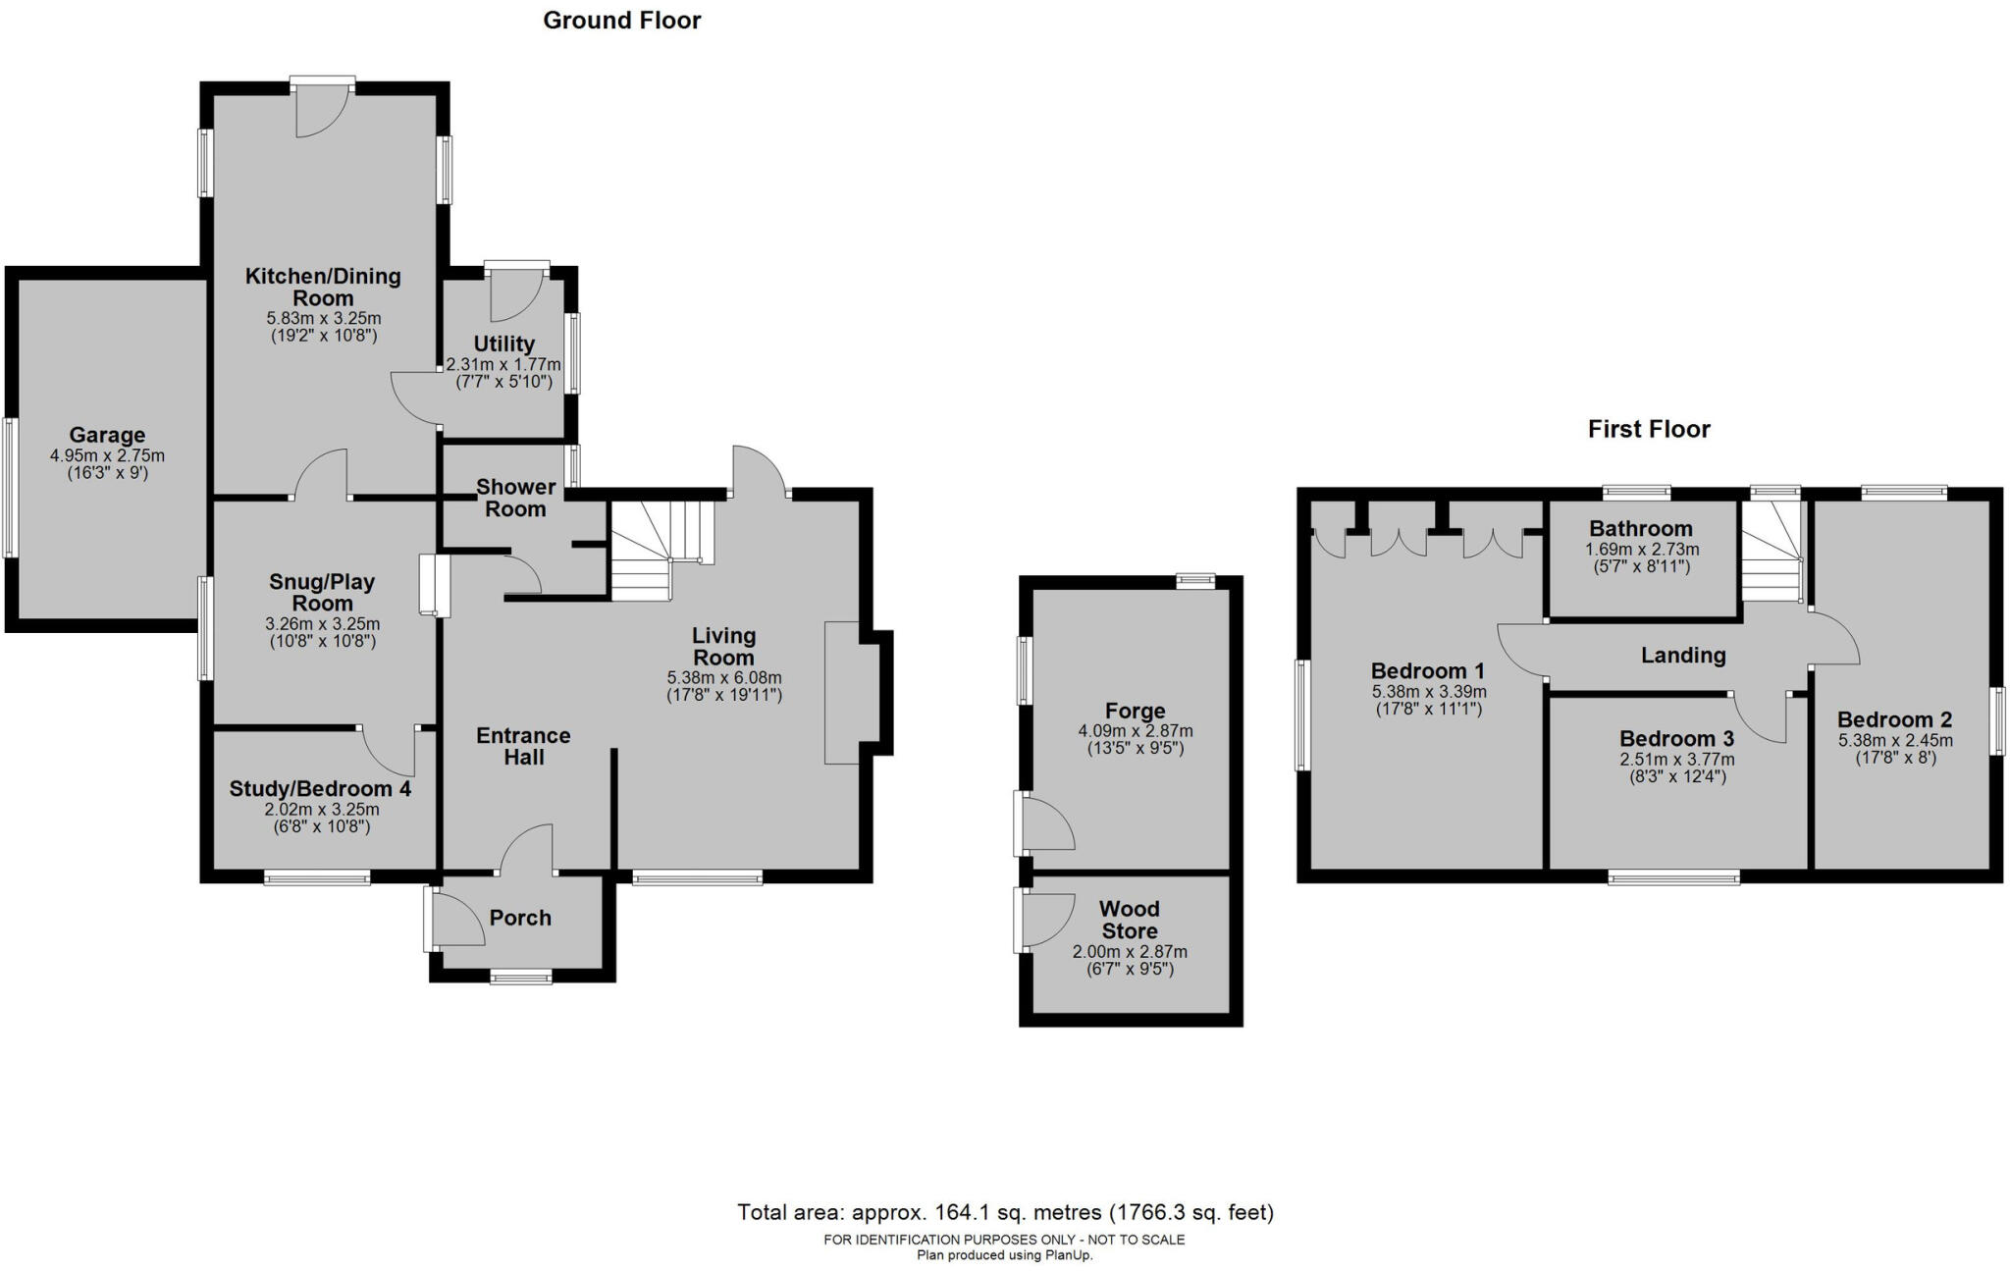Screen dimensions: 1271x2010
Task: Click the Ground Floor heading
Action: click(x=621, y=21)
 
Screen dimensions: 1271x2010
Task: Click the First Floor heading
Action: click(x=1649, y=429)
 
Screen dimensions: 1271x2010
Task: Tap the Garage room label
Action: click(x=107, y=435)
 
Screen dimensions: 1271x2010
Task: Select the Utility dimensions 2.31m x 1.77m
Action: click(x=503, y=364)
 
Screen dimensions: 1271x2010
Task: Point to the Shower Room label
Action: click(x=515, y=498)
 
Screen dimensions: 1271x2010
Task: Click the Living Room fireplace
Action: click(x=842, y=692)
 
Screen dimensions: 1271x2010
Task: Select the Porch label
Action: click(x=520, y=918)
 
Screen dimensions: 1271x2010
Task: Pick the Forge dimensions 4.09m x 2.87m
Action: click(x=1136, y=730)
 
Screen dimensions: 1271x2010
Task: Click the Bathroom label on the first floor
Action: click(x=1641, y=529)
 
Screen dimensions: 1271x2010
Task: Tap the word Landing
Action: click(x=1683, y=655)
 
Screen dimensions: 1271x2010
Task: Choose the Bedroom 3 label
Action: click(x=1676, y=738)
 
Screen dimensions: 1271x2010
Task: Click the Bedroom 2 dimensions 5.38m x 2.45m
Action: click(x=1894, y=740)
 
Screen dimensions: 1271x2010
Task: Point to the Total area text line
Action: click(x=1005, y=1212)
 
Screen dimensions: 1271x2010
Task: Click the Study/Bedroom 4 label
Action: click(x=321, y=788)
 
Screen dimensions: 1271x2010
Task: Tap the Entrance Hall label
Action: click(x=523, y=746)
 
